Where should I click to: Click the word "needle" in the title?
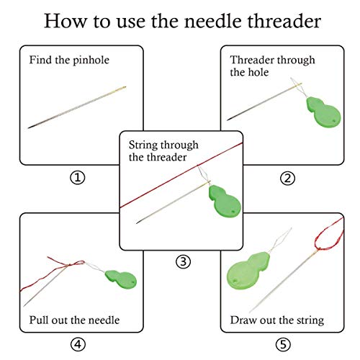click(x=213, y=21)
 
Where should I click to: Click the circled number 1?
click(x=78, y=178)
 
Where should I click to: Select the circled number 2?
click(x=287, y=179)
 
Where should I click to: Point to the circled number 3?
click(x=184, y=261)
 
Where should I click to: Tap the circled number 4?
click(x=78, y=344)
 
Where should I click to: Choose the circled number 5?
click(x=283, y=345)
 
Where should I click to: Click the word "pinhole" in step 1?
click(x=91, y=60)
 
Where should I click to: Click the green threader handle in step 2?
click(x=323, y=112)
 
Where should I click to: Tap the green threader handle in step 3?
click(x=225, y=201)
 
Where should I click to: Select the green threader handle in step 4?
click(x=121, y=279)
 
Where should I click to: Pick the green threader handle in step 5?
click(x=247, y=271)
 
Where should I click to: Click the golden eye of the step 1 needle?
click(x=122, y=89)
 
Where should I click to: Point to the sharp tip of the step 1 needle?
click(x=28, y=127)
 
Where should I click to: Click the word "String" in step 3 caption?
click(x=143, y=145)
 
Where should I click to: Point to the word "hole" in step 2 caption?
click(x=258, y=72)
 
